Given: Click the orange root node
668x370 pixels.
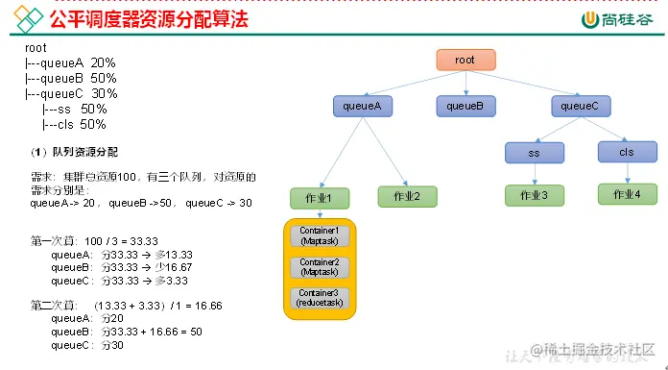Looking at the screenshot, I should click(465, 60).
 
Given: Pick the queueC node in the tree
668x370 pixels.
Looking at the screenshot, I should click(580, 106).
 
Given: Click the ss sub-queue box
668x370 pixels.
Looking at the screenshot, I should click(535, 152).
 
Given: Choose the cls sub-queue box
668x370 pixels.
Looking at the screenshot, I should click(627, 152).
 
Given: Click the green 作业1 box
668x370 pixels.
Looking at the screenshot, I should click(320, 198).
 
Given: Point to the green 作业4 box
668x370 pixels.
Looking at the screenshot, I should click(627, 194).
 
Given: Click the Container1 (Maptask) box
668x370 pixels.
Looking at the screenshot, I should click(320, 236).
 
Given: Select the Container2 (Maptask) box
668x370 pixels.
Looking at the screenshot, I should click(320, 266).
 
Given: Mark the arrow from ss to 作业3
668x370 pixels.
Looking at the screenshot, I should click(535, 173).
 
